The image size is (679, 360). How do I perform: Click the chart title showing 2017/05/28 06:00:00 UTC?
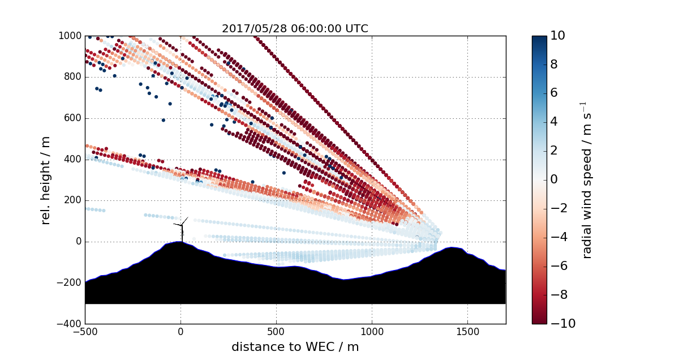pyautogui.click(x=295, y=28)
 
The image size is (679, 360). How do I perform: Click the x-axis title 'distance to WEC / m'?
pyautogui.click(x=295, y=346)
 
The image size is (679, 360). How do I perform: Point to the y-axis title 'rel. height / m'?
pyautogui.click(x=46, y=179)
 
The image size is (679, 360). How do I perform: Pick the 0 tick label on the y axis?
pyautogui.click(x=78, y=242)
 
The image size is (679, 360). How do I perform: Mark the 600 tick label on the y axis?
pyautogui.click(x=72, y=118)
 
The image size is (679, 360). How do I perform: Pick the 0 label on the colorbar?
pyautogui.click(x=555, y=179)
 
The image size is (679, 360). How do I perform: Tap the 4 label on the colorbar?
pyautogui.click(x=555, y=122)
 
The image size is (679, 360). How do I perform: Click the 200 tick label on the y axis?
pyautogui.click(x=72, y=200)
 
